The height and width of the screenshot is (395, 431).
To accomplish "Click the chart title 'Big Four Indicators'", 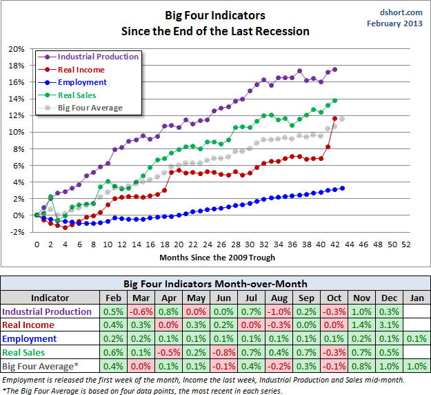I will (x=214, y=15).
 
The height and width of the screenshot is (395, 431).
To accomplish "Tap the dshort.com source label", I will (x=401, y=12).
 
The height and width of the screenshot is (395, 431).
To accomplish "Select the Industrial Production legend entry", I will (x=97, y=57).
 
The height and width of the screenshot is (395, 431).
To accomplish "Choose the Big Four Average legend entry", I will (x=90, y=108).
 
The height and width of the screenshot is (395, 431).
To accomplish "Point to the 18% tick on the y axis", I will (x=17, y=66).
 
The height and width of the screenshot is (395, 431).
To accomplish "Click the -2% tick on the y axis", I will (x=17, y=232).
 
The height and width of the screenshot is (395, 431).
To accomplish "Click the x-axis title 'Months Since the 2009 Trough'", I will (x=217, y=258).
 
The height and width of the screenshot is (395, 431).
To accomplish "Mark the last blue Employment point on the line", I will (x=343, y=188).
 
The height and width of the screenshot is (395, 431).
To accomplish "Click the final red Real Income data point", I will (x=335, y=119).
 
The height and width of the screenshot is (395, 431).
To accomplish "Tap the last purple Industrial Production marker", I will (x=335, y=69).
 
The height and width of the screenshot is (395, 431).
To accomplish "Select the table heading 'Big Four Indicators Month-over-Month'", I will (x=214, y=284).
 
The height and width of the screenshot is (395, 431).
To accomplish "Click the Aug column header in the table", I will (x=279, y=298).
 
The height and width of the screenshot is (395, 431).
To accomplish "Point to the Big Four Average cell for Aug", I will (x=279, y=365).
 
